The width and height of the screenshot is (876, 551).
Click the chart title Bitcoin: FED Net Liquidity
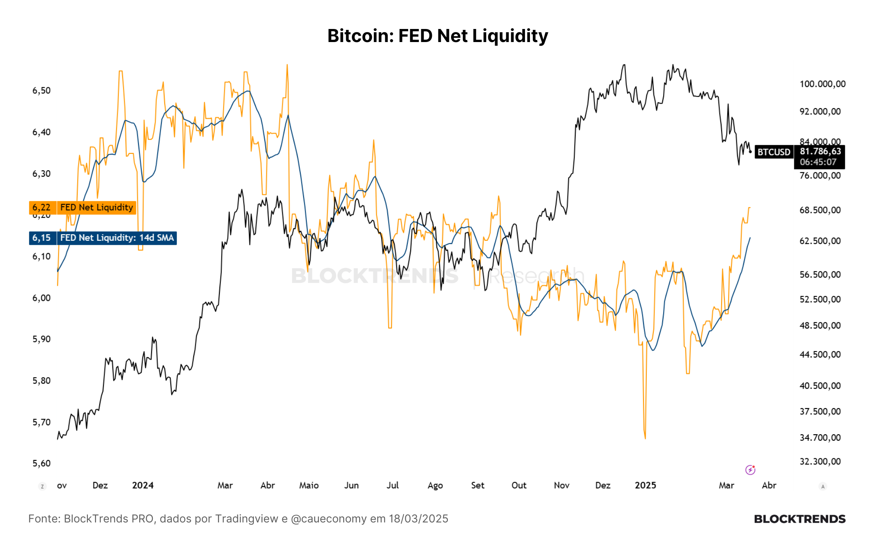[438, 36]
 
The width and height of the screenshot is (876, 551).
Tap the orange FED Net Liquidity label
[96, 207]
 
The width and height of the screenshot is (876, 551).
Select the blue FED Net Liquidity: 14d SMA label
[117, 238]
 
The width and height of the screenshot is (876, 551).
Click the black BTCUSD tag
[774, 152]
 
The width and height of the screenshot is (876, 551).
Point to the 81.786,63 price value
[820, 151]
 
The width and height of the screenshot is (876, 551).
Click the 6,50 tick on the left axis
[42, 91]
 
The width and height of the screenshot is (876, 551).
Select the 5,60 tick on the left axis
[42, 463]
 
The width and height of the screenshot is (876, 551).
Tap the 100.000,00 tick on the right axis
[822, 84]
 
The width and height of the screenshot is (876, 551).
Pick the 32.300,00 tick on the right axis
[820, 462]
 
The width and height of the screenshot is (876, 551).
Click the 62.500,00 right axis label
[820, 241]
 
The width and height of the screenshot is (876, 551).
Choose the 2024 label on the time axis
[143, 485]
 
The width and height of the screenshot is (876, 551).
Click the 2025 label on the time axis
[646, 485]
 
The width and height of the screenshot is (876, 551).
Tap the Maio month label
[309, 485]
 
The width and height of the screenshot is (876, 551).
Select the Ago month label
[435, 486]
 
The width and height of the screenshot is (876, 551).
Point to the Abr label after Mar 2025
[769, 485]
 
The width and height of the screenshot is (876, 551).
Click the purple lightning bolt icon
[750, 470]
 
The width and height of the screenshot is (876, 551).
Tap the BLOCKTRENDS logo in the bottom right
[800, 519]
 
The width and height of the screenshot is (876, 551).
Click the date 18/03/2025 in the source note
[418, 519]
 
